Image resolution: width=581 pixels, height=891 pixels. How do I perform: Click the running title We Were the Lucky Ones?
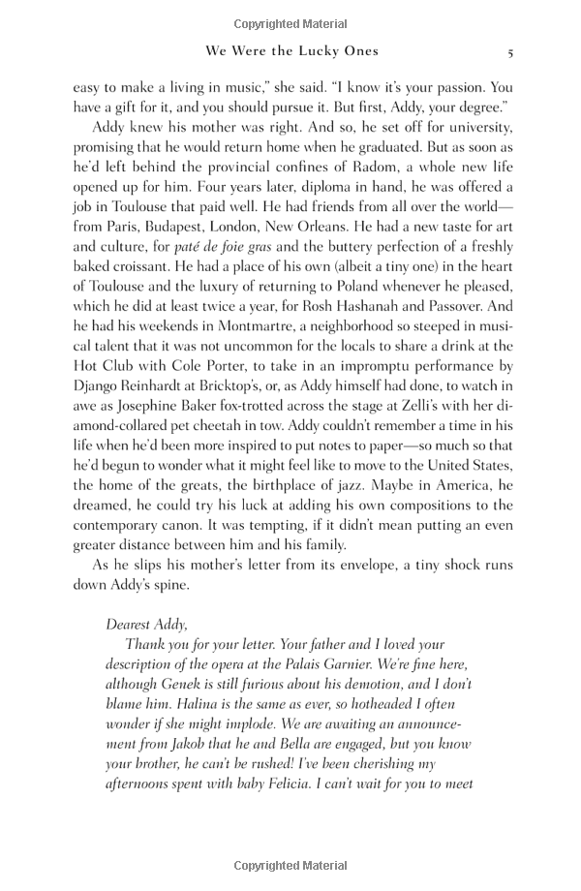(290, 51)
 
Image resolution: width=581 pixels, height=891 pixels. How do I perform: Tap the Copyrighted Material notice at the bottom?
(290, 864)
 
